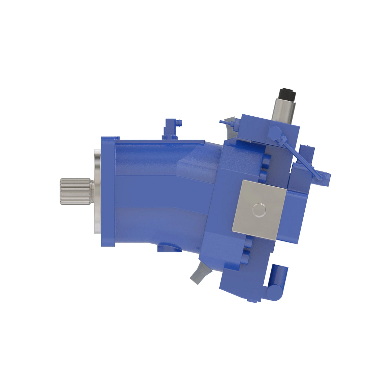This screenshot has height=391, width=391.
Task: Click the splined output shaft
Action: [x=74, y=192]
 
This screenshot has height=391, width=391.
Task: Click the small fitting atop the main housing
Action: [x=171, y=128]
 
